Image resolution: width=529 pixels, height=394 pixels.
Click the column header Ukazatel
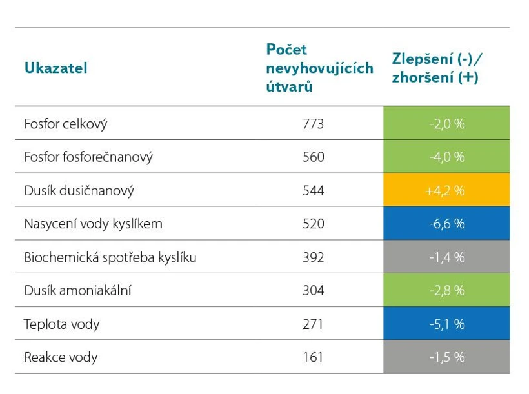click(x=55, y=68)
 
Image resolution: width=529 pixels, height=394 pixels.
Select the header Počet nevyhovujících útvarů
click(x=319, y=68)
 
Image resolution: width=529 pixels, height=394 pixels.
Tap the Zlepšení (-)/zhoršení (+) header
click(x=438, y=68)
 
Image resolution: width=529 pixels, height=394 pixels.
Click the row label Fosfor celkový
click(x=65, y=124)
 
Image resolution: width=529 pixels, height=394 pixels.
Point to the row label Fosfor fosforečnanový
click(x=88, y=157)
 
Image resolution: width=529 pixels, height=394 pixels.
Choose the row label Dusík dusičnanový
click(x=79, y=191)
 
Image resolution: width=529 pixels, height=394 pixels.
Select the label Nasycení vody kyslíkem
click(x=93, y=224)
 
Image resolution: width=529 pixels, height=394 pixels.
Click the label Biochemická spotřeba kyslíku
click(x=110, y=258)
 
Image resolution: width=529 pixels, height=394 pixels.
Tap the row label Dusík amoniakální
click(x=77, y=291)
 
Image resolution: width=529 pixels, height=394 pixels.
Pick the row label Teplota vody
click(x=61, y=324)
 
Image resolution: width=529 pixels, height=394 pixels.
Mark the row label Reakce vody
click(x=61, y=357)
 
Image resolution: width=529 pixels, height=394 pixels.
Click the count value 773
click(x=313, y=124)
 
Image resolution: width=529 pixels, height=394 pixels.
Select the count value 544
click(x=313, y=191)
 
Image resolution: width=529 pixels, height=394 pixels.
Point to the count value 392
click(x=313, y=258)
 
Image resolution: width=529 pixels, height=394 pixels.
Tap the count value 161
click(x=313, y=357)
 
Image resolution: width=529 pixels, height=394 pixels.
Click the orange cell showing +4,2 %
click(x=446, y=191)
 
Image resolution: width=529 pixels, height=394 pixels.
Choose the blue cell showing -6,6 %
click(x=446, y=224)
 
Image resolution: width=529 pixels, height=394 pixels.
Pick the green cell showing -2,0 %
click(x=446, y=124)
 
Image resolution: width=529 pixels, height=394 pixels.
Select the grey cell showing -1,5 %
click(x=446, y=357)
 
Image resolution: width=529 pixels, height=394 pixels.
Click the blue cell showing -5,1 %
click(x=446, y=324)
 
